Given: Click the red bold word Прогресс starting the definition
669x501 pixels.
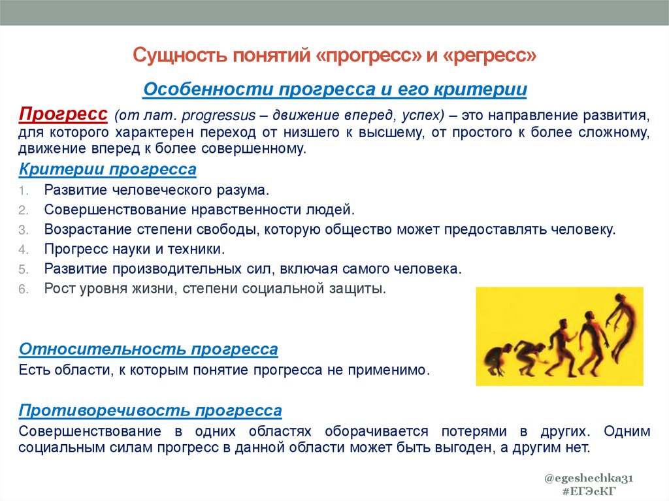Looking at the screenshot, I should pyautogui.click(x=63, y=114).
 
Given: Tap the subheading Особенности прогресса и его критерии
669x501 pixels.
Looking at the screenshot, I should pyautogui.click(x=334, y=89).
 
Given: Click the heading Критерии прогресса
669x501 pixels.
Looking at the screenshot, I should pyautogui.click(x=108, y=170).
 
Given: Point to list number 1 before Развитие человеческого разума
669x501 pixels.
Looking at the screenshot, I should pyautogui.click(x=23, y=191).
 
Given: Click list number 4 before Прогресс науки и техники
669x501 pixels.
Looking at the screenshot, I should pyautogui.click(x=23, y=250).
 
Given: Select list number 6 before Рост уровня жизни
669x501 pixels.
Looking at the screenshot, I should pyautogui.click(x=23, y=289).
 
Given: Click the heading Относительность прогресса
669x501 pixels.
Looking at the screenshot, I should pyautogui.click(x=149, y=349).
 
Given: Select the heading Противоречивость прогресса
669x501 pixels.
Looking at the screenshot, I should pyautogui.click(x=151, y=411).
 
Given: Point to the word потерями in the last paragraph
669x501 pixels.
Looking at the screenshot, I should pyautogui.click(x=476, y=432).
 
